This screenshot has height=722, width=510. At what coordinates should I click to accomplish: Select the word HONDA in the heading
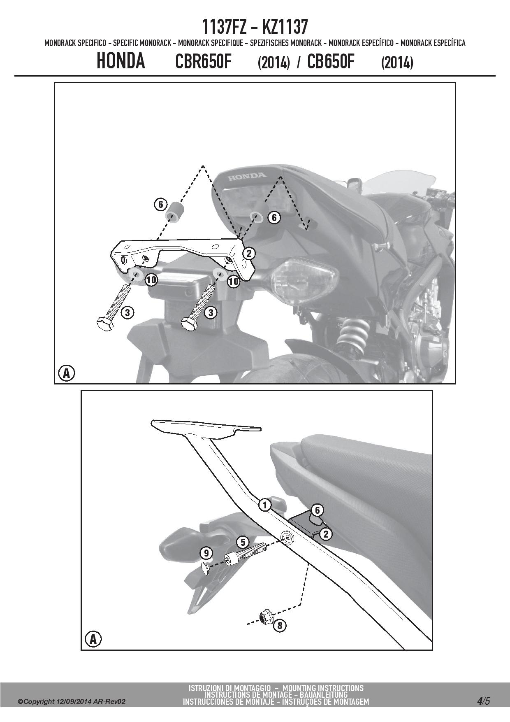coord(121,61)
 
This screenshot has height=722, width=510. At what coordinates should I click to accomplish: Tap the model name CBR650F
coord(203,62)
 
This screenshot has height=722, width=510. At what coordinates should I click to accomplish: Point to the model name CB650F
coord(331,62)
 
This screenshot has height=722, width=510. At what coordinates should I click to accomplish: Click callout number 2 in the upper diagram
coord(248,253)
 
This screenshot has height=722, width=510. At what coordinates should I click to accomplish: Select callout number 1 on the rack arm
coord(265,505)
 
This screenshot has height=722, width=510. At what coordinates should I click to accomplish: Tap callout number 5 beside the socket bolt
coord(242,542)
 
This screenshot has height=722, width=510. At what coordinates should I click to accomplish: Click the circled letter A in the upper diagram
coord(66,373)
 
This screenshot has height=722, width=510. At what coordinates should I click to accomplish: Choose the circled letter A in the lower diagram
coord(93,640)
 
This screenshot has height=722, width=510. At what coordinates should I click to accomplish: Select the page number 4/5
coord(484,701)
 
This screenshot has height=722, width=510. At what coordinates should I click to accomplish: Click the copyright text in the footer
coord(72,702)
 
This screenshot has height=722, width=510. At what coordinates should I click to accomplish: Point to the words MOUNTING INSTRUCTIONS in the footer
coord(323,688)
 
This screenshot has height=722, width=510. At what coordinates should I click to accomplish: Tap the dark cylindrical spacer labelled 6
coord(174,212)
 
